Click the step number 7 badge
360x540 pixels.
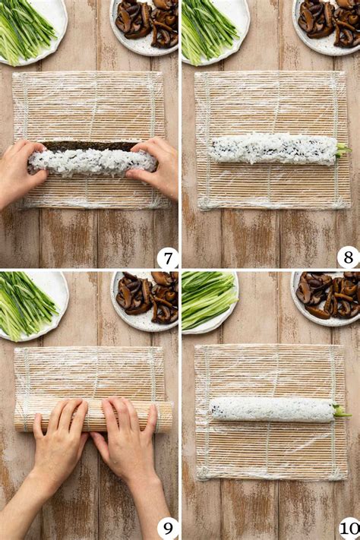pos(168,258)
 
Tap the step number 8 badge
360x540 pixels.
pos(349,257)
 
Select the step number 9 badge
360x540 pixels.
pos(168,529)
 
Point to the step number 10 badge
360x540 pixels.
pos(349,529)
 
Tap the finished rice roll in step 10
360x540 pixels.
pos(273,410)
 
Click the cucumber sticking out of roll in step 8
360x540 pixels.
pos(344,150)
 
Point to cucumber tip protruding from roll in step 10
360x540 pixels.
pos(342,412)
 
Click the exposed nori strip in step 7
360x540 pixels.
pos(89,146)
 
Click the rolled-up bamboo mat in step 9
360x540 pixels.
pos(93,415)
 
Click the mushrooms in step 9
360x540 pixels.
pos(147,297)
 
